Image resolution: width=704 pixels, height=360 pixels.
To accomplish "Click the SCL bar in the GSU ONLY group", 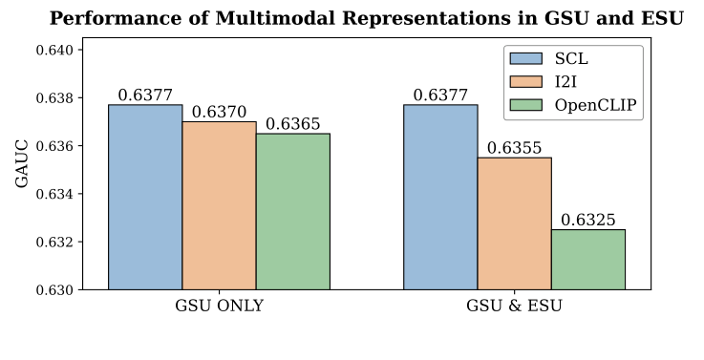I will [145, 197].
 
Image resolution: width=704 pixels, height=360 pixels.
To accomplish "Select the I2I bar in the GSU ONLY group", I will [219, 205].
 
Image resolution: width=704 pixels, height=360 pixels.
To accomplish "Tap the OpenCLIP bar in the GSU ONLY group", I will [292, 211].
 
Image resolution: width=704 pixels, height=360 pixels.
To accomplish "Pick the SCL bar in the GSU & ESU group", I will [440, 197].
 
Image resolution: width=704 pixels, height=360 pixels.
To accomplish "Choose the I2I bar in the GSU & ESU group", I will [514, 223].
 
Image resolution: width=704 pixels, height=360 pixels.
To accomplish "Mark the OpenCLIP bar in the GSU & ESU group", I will [587, 259].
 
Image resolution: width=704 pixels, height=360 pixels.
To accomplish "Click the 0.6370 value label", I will [219, 113].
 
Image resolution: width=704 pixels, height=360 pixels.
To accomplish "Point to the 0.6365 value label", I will [292, 124].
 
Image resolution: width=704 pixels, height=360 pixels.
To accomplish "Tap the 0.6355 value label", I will [514, 148].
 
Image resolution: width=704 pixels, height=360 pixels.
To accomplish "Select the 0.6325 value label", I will [587, 221].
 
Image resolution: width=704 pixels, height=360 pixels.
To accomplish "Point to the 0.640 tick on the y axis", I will [54, 50].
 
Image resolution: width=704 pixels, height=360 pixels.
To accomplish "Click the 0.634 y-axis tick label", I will [54, 194].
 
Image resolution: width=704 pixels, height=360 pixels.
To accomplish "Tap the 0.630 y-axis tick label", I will [54, 289].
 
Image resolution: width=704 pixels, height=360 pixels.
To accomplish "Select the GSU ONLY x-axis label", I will [219, 307].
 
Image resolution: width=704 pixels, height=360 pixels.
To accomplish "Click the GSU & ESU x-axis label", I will [514, 307].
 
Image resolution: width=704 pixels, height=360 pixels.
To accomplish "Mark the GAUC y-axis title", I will [22, 169].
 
